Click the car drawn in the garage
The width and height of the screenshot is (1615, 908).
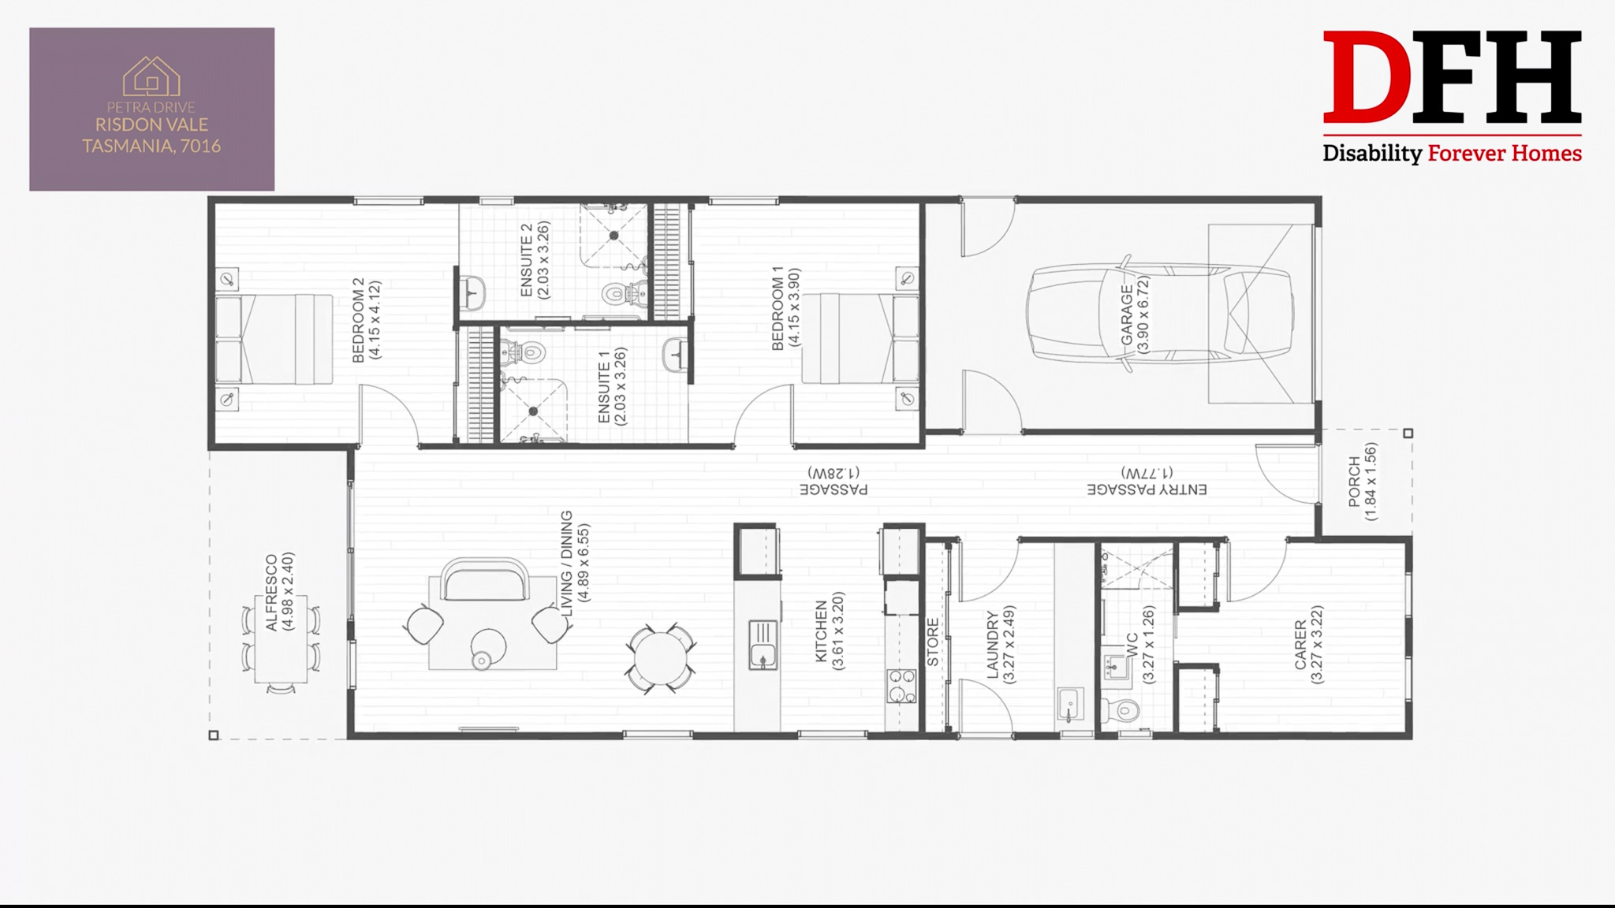coord(1159,313)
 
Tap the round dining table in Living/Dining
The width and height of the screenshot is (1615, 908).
coord(661,660)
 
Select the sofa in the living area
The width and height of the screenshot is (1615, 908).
coord(484,580)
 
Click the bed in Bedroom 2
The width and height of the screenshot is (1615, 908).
coord(274,339)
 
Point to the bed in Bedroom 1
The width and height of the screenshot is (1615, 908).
coord(860,339)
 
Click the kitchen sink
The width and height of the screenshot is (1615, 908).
coord(763,645)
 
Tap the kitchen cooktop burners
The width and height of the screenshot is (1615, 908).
coord(901,685)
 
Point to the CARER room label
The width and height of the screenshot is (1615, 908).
coord(1300,645)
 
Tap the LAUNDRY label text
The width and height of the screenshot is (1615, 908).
coord(993,644)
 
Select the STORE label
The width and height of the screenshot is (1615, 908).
coord(933,642)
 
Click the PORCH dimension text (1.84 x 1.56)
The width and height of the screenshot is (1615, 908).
coord(1371,482)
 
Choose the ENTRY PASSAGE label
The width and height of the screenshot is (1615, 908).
coord(1147,489)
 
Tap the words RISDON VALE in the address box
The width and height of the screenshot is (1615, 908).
coord(151,125)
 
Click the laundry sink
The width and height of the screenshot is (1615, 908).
coord(1069,705)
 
